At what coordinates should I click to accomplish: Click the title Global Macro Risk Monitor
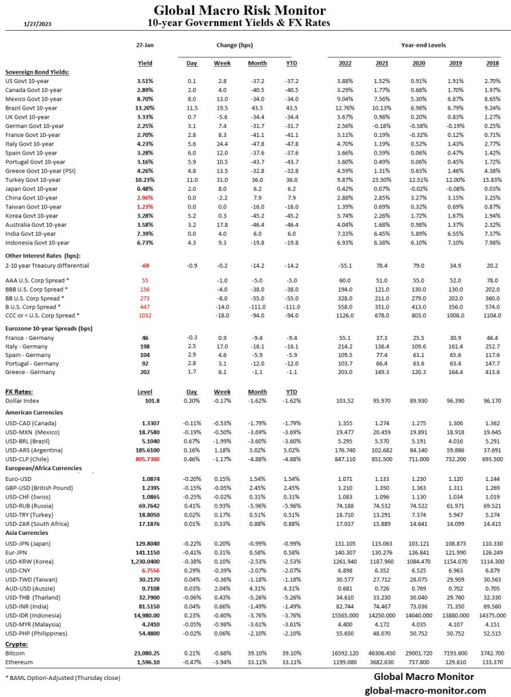[x=239, y=10]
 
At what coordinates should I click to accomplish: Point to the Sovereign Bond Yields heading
[x=37, y=72]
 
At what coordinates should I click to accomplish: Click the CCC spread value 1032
[x=144, y=315]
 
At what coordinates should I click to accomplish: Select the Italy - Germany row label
[x=27, y=346]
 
